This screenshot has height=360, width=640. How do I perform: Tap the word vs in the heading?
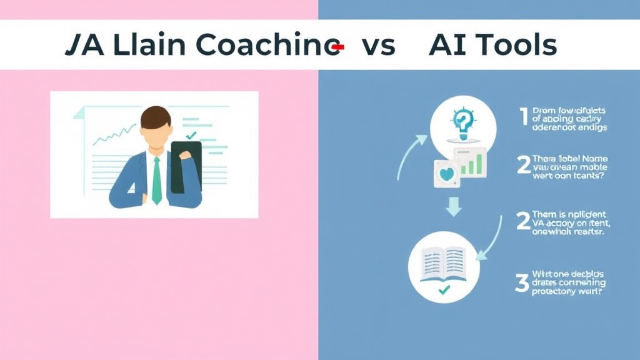[378, 46]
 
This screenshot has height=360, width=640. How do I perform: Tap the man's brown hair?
[156, 117]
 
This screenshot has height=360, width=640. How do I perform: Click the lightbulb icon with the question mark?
[462, 122]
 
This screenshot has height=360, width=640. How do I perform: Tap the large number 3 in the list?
[522, 282]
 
